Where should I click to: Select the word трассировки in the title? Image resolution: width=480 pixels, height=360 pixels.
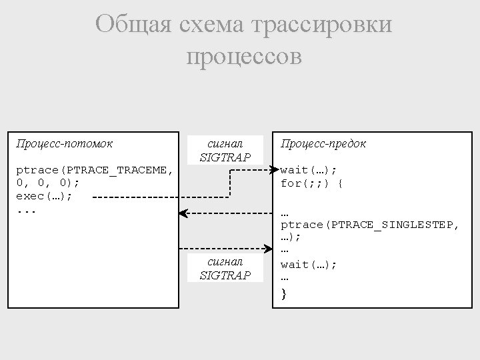pos(323,25)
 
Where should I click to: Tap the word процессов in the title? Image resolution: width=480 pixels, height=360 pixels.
pos(244,56)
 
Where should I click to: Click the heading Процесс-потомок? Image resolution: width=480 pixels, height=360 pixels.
pos(64,143)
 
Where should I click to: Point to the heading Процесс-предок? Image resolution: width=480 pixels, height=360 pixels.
pos(323,143)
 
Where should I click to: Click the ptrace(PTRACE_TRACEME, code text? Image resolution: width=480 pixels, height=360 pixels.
pos(95,170)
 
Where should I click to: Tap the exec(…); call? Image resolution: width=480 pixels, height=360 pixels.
pos(44,197)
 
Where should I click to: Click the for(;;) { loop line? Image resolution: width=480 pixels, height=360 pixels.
pos(311,183)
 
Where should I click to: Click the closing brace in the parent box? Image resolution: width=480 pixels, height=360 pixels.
pos(284,294)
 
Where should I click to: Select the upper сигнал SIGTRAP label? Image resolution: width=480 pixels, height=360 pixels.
pos(225,151)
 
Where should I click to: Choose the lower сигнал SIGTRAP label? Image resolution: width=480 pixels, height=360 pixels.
pos(225,269)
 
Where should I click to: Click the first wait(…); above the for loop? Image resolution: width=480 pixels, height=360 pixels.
pos(309,170)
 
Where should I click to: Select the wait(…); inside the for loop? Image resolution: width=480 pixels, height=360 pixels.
pos(309,265)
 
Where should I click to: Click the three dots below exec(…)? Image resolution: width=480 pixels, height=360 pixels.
pos(25,211)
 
